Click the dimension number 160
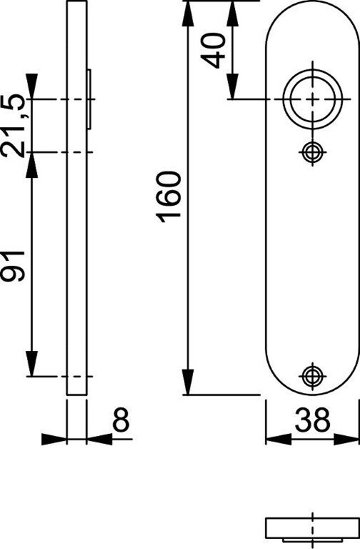(x=168, y=197)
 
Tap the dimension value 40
(x=214, y=49)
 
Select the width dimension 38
(x=311, y=421)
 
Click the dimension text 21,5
(x=14, y=126)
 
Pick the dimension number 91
(x=14, y=265)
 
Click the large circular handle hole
(x=312, y=100)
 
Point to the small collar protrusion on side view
(x=89, y=99)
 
